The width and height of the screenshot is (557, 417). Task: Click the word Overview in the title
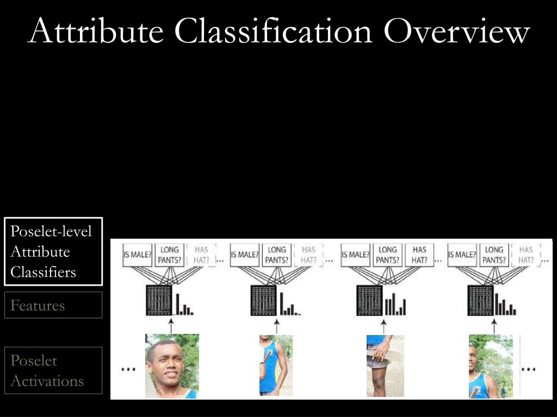(456, 31)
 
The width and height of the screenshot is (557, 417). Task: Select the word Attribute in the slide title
(96, 31)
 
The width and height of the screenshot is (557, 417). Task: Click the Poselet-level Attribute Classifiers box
(53, 251)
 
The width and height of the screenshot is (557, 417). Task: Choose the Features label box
(53, 305)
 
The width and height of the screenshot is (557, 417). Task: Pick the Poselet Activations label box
(53, 370)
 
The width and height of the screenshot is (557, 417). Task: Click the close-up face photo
(172, 366)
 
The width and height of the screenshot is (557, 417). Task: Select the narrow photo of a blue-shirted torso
(276, 365)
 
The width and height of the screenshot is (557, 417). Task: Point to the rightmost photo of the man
(490, 366)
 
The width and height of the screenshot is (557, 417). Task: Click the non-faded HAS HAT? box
(419, 254)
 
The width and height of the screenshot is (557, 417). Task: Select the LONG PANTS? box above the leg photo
(387, 254)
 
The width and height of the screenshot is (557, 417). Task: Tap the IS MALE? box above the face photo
(137, 255)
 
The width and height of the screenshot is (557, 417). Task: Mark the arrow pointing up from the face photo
(171, 326)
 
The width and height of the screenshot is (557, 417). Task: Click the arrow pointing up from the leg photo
(383, 326)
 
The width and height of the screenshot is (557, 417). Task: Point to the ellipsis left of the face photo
(128, 369)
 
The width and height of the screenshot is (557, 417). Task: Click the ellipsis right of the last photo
(528, 369)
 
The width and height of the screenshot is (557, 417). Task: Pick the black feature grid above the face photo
(159, 300)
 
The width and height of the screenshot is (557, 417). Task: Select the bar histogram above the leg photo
(395, 306)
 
